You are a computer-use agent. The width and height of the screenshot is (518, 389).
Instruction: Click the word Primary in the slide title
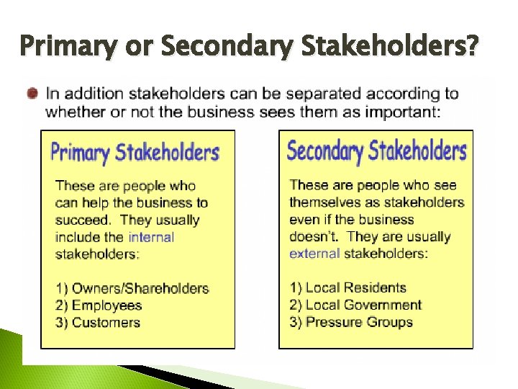pos(65,47)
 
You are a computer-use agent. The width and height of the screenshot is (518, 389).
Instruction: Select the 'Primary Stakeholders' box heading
pos(135,153)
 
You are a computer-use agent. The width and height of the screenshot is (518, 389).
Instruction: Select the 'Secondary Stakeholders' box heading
pos(376,151)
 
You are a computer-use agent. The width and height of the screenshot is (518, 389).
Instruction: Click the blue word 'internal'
pos(151,237)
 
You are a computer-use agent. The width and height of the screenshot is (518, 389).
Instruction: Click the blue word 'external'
pos(314,254)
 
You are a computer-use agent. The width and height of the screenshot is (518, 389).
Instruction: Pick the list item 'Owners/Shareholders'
pos(140,289)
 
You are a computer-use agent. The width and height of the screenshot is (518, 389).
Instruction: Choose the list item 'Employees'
pos(106,305)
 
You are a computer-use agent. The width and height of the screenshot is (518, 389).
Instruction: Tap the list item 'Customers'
pos(106,323)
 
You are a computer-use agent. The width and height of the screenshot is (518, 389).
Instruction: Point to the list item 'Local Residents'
pos(355,288)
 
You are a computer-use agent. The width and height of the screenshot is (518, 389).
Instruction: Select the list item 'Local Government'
pos(363,305)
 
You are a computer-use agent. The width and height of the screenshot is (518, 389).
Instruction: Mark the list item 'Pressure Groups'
pos(359,322)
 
